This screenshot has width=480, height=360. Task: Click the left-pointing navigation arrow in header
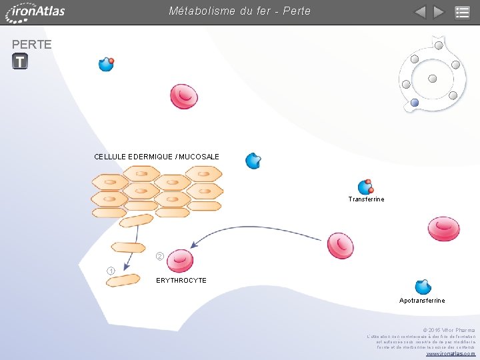click(x=419, y=12)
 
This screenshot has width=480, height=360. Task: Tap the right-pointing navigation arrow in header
click(x=438, y=12)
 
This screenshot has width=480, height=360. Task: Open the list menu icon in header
click(x=462, y=12)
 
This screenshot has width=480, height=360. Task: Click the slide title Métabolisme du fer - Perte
click(x=239, y=11)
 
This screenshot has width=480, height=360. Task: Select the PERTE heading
click(x=32, y=45)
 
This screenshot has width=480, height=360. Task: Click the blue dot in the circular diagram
click(x=415, y=103)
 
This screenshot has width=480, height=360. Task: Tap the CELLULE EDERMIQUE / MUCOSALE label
click(x=157, y=157)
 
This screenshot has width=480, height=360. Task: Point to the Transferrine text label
click(x=366, y=199)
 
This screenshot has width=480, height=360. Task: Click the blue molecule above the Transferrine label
click(x=365, y=187)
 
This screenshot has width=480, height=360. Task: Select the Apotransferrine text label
click(x=422, y=301)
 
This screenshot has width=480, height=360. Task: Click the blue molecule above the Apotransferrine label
click(x=423, y=287)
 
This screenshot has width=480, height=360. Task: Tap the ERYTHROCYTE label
click(x=181, y=281)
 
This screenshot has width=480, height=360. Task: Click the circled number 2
click(x=160, y=256)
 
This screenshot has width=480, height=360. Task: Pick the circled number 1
click(x=111, y=270)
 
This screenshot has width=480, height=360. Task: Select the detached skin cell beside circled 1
click(x=123, y=280)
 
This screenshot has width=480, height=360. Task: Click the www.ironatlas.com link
click(x=451, y=353)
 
